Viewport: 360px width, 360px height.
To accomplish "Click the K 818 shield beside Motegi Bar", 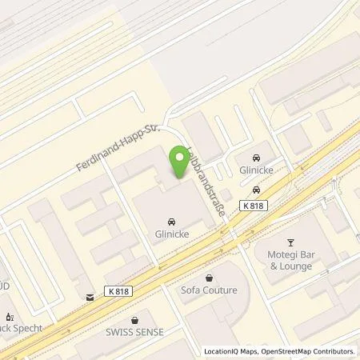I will pyautogui.click(x=251, y=206).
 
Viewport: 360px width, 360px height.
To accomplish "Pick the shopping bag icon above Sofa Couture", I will pyautogui.click(x=210, y=278).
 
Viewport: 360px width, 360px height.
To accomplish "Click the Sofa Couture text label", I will pyautogui.click(x=209, y=290).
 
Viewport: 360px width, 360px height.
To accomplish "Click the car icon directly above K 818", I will pyautogui.click(x=255, y=190).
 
